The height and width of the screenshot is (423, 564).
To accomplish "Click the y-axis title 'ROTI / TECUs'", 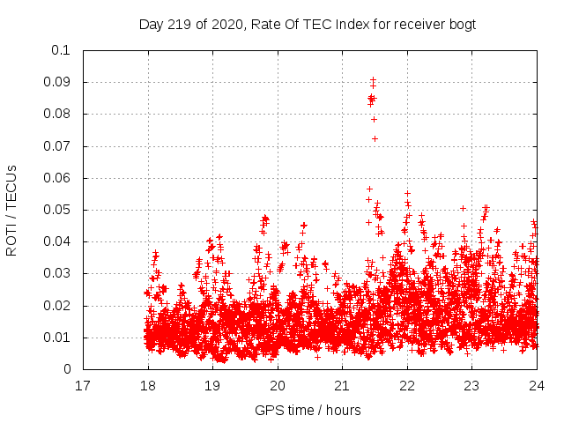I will tap(11, 210).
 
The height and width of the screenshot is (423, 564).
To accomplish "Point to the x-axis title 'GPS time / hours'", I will tap(308, 410).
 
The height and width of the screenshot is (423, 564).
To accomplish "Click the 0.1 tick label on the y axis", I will tap(62, 50).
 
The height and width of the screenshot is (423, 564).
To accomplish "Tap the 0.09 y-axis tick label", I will tap(58, 82).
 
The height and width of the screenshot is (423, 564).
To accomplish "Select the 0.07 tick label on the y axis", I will tap(58, 146).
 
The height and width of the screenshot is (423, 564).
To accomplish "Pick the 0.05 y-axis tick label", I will tap(58, 210).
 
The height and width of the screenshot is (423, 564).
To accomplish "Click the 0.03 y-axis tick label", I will tap(58, 274).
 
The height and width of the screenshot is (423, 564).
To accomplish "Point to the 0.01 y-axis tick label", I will tap(58, 338).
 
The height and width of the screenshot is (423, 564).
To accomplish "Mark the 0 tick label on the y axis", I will tap(66, 369).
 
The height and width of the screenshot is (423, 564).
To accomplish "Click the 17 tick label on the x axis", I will tap(83, 386).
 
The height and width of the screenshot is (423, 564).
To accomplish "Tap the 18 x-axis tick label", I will tap(148, 386).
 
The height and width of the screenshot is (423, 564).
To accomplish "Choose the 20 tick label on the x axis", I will tap(278, 386).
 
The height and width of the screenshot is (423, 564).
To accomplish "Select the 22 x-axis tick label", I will tap(407, 386).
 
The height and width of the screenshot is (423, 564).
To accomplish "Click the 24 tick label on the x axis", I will tap(537, 386).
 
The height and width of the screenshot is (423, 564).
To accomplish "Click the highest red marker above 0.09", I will tap(373, 80).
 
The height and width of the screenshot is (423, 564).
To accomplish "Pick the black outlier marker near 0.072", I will tap(375, 138).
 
